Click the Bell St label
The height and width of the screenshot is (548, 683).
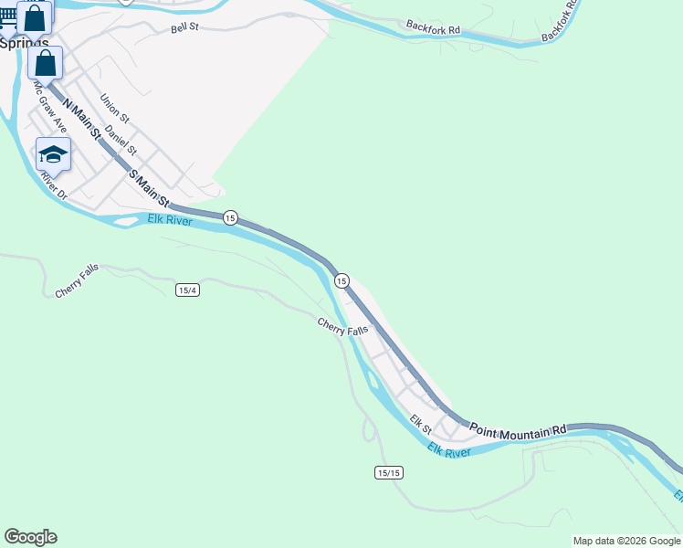pos(184,29)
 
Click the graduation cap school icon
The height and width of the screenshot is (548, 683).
pos(54,154)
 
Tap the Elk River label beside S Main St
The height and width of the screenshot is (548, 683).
pos(170,219)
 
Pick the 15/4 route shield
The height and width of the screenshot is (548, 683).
pos(187,290)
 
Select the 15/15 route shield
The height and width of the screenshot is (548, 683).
pos(388,472)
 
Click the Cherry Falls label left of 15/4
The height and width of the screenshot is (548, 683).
pos(77,280)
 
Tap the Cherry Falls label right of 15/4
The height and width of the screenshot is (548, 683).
pos(343,326)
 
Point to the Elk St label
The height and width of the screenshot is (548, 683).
pos(420,424)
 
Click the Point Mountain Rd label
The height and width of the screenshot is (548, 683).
pos(519,427)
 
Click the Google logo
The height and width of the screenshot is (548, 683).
pos(30,537)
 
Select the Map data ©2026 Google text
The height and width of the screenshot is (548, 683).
pos(626,541)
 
